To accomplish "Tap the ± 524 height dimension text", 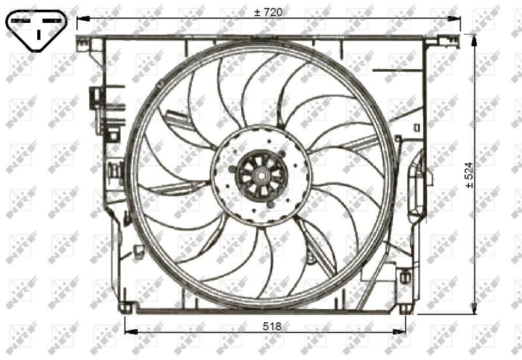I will (x=468, y=175).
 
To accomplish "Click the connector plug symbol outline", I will (x=37, y=30).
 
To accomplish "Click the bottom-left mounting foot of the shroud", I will (x=125, y=307).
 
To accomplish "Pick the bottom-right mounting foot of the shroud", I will (x=405, y=308).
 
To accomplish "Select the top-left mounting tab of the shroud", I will (x=83, y=43).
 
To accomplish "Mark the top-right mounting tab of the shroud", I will (x=432, y=41).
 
